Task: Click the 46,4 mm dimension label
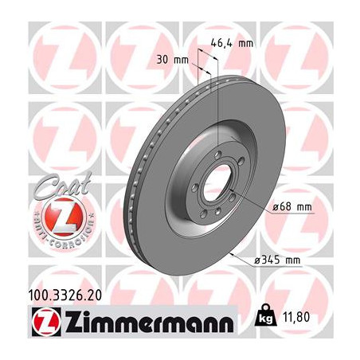[x=232, y=43]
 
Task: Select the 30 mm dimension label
[x=172, y=60]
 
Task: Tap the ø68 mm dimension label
[x=292, y=207]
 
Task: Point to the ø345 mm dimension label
[x=277, y=260]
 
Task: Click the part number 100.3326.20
[x=65, y=295]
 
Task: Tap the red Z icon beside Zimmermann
[x=46, y=322]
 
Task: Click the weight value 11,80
[x=296, y=317]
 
